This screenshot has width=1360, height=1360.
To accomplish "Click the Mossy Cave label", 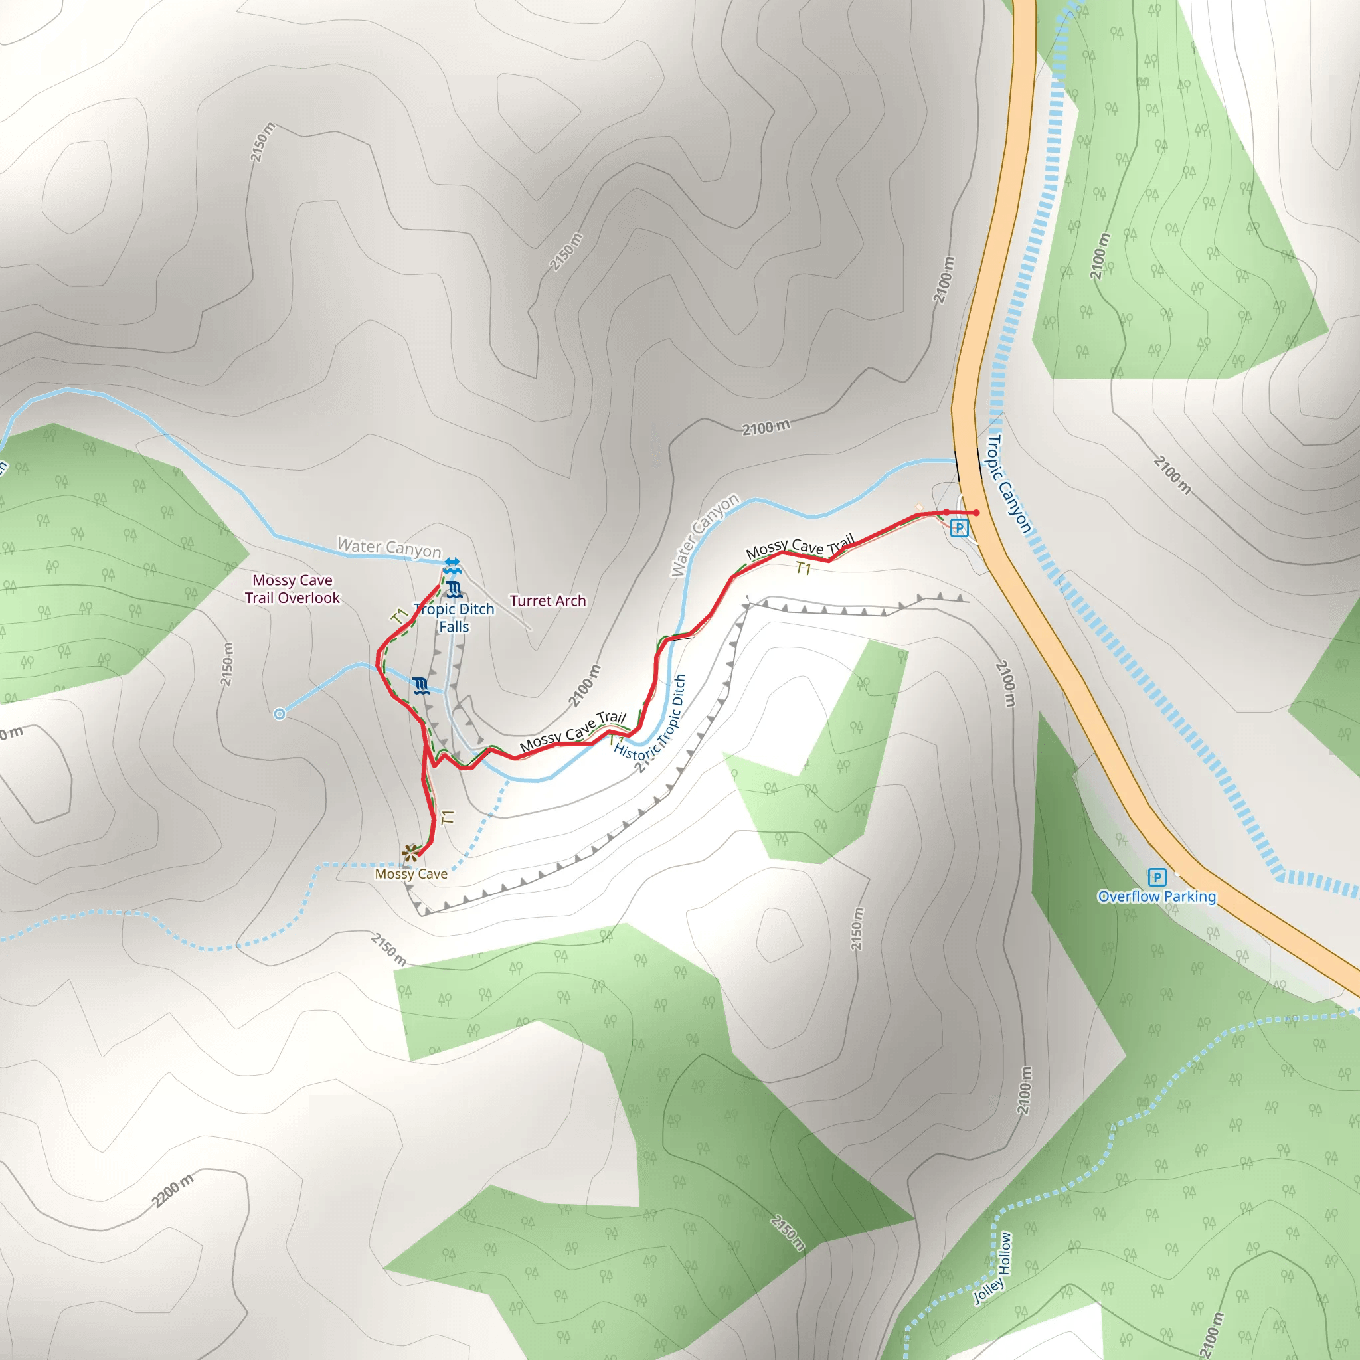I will (x=410, y=874).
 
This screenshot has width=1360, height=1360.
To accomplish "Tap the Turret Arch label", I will (x=548, y=600).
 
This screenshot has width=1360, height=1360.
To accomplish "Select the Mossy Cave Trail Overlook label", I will (x=292, y=588).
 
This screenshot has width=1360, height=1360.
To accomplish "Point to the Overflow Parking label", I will (x=1157, y=896).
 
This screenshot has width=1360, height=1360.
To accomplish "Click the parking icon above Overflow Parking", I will (x=1157, y=877).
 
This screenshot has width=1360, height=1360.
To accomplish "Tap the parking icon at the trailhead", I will (x=959, y=527).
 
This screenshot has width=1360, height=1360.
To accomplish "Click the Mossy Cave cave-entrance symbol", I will (x=410, y=853).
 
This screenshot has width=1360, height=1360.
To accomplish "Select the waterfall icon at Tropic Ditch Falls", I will (x=455, y=589).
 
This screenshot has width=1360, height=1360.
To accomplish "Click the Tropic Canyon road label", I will (x=1009, y=484).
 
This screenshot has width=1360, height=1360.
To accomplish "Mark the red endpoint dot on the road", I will (x=976, y=513).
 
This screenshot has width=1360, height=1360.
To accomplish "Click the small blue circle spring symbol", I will (x=280, y=714).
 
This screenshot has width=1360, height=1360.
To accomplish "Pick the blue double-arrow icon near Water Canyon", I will (x=452, y=564).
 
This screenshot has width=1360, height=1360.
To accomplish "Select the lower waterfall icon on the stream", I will (x=421, y=685).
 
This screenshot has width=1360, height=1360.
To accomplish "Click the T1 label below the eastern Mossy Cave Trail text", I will (x=804, y=568).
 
